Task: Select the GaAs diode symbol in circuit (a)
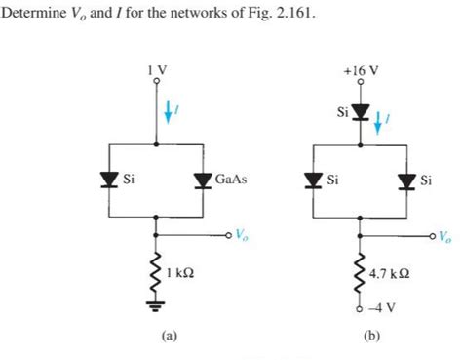point(203,180)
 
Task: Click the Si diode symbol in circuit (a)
point(105,180)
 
